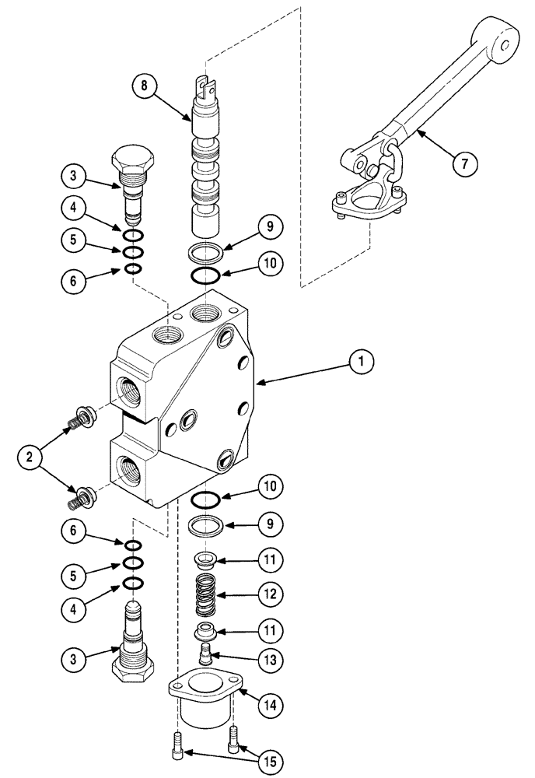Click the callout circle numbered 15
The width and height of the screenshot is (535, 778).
268,759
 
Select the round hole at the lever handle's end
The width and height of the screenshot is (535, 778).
509,47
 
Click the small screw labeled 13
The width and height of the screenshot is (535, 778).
206,651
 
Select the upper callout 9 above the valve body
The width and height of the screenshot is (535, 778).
267,227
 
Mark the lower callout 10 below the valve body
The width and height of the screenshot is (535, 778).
267,488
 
